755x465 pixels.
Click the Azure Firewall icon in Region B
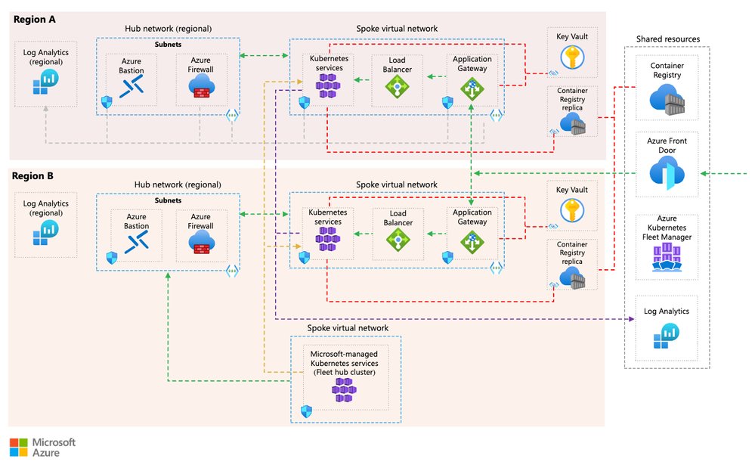(x=201, y=241)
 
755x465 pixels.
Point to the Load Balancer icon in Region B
(x=397, y=240)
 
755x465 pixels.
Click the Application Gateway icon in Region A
(x=472, y=88)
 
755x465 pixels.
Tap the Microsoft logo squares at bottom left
(x=18, y=445)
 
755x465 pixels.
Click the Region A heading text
(x=35, y=17)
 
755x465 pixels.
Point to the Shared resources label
(x=667, y=39)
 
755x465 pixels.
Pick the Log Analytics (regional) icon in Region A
(x=46, y=81)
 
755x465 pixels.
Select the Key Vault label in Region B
(x=572, y=190)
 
